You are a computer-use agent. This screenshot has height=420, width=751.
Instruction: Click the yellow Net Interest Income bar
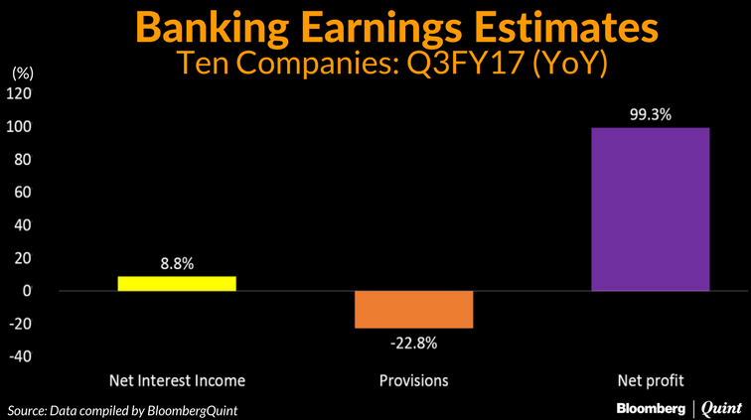point(177,283)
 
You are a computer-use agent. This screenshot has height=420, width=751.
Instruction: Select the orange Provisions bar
point(413,309)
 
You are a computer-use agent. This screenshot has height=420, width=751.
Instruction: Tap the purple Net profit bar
point(650,210)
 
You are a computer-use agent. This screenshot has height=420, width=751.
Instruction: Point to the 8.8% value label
point(177,264)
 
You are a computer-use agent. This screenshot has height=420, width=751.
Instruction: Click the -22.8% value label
point(413,344)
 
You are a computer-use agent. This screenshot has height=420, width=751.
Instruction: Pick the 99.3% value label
point(650,114)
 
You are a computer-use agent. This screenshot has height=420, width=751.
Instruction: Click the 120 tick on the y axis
point(21,94)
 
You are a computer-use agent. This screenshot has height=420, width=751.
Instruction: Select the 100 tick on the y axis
point(21,127)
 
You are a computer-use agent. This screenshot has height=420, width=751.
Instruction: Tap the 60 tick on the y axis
point(24,193)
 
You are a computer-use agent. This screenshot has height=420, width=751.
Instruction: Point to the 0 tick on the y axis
point(28,291)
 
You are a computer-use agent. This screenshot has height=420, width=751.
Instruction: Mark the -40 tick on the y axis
point(21,356)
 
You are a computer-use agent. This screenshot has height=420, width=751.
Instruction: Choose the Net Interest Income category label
point(177,380)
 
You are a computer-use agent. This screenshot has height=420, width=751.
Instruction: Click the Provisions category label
point(413,380)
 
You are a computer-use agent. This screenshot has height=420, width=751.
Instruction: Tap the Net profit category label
point(650,380)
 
